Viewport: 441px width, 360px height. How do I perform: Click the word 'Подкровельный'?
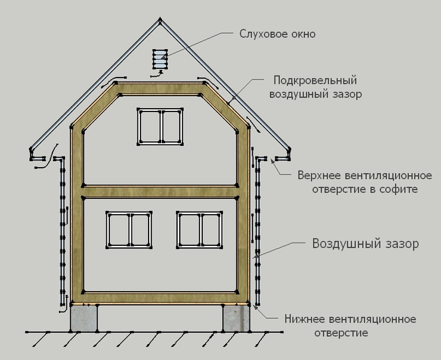click(x=306, y=81)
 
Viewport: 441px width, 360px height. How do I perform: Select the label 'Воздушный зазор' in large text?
click(x=365, y=243)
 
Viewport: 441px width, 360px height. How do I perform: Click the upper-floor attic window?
click(x=160, y=127)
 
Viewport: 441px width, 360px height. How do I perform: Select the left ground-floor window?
click(x=129, y=229)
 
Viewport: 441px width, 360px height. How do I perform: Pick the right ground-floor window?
click(x=200, y=229)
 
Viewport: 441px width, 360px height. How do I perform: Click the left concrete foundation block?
click(x=84, y=318)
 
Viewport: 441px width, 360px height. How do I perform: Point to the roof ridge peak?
click(x=160, y=22)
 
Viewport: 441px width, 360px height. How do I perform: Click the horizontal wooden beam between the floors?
click(x=159, y=191)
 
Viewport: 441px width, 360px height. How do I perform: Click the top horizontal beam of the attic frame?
click(x=159, y=89)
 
